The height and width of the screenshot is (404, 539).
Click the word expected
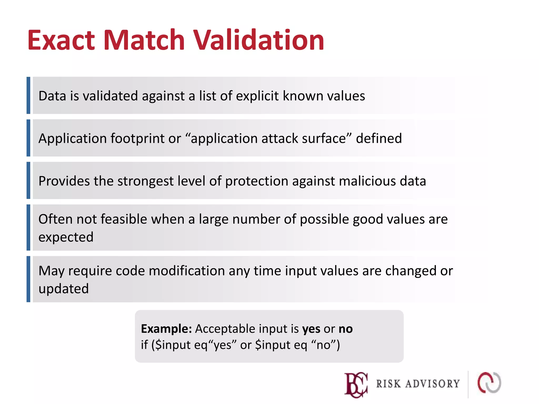(x=66, y=237)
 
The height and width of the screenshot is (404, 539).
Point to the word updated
(x=64, y=289)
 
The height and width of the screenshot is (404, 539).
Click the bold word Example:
(x=166, y=329)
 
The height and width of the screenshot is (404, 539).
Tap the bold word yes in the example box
(x=311, y=329)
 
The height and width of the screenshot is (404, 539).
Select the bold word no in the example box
(x=346, y=329)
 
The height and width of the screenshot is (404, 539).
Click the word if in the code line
(x=144, y=345)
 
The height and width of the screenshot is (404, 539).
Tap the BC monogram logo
(x=356, y=385)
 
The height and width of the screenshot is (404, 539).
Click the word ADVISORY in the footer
(x=432, y=384)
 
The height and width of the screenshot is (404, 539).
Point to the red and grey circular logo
(x=489, y=383)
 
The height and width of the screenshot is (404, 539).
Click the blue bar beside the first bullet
(x=28, y=95)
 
